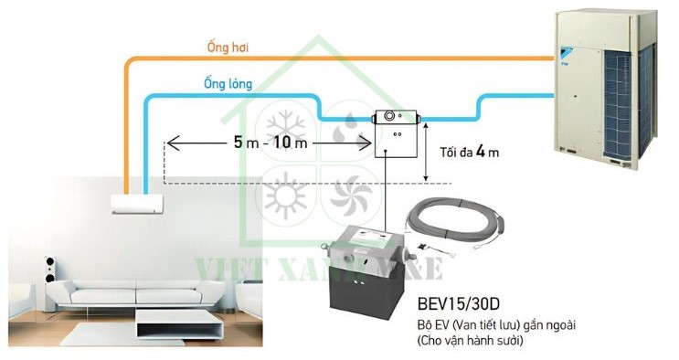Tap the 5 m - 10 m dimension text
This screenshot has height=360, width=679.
tap(271, 143)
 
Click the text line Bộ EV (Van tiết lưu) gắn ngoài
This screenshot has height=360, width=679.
tap(480, 325)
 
